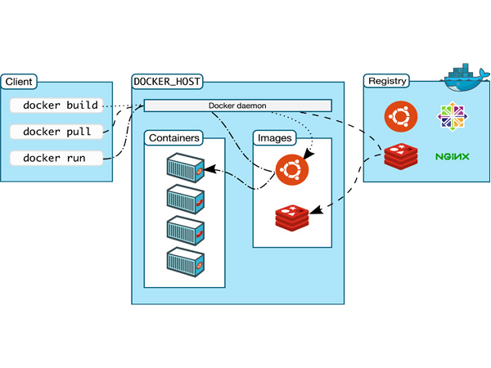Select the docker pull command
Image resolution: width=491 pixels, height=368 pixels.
pyautogui.click(x=57, y=132)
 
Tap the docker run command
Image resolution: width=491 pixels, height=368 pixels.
pyautogui.click(x=55, y=158)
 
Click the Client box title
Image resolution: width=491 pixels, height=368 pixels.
pyautogui.click(x=19, y=82)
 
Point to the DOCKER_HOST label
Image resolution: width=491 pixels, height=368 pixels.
pyautogui.click(x=168, y=83)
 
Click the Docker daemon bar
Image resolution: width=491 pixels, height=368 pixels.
pyautogui.click(x=238, y=105)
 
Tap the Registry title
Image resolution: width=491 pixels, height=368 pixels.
pyautogui.click(x=388, y=82)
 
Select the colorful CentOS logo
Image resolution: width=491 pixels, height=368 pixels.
pyautogui.click(x=452, y=116)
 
